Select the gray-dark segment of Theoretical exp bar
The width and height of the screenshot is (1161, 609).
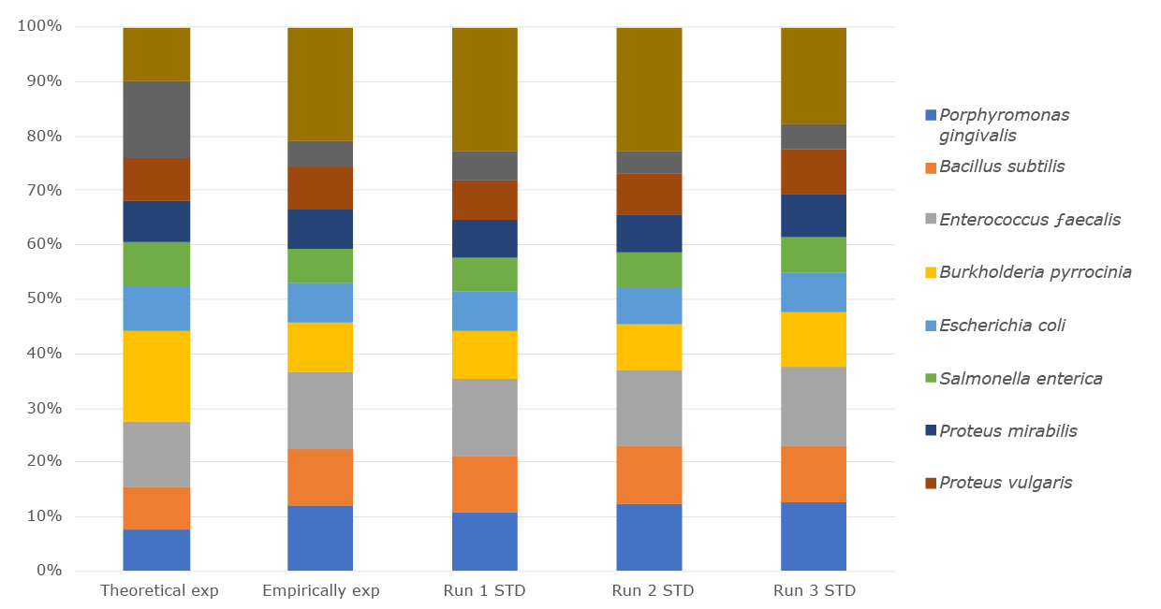tap(156, 120)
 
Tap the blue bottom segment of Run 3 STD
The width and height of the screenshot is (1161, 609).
tap(814, 536)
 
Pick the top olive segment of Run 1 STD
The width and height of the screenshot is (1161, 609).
tap(485, 90)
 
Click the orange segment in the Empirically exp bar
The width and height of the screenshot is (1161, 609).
tap(320, 477)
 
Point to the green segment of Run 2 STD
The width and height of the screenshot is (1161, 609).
tap(649, 269)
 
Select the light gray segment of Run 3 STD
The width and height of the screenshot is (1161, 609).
tap(814, 406)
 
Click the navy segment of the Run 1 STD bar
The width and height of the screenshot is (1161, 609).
tap(485, 239)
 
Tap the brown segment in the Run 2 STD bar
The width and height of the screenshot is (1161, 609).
tap(649, 194)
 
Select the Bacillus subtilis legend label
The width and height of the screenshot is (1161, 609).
tap(1002, 167)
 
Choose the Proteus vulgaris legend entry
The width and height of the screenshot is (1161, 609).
tap(1006, 483)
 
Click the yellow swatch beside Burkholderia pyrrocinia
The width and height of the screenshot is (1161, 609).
tap(931, 272)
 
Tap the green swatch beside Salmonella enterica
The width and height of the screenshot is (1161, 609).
tap(931, 379)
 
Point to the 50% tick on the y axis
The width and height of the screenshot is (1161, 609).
tap(43, 299)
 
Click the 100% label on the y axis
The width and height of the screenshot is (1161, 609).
tap(39, 27)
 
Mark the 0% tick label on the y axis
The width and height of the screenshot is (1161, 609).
tap(47, 571)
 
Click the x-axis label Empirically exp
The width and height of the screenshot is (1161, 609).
tap(321, 591)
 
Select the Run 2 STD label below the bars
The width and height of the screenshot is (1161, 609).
tap(649, 591)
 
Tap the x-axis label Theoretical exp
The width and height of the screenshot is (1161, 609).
tap(159, 591)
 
